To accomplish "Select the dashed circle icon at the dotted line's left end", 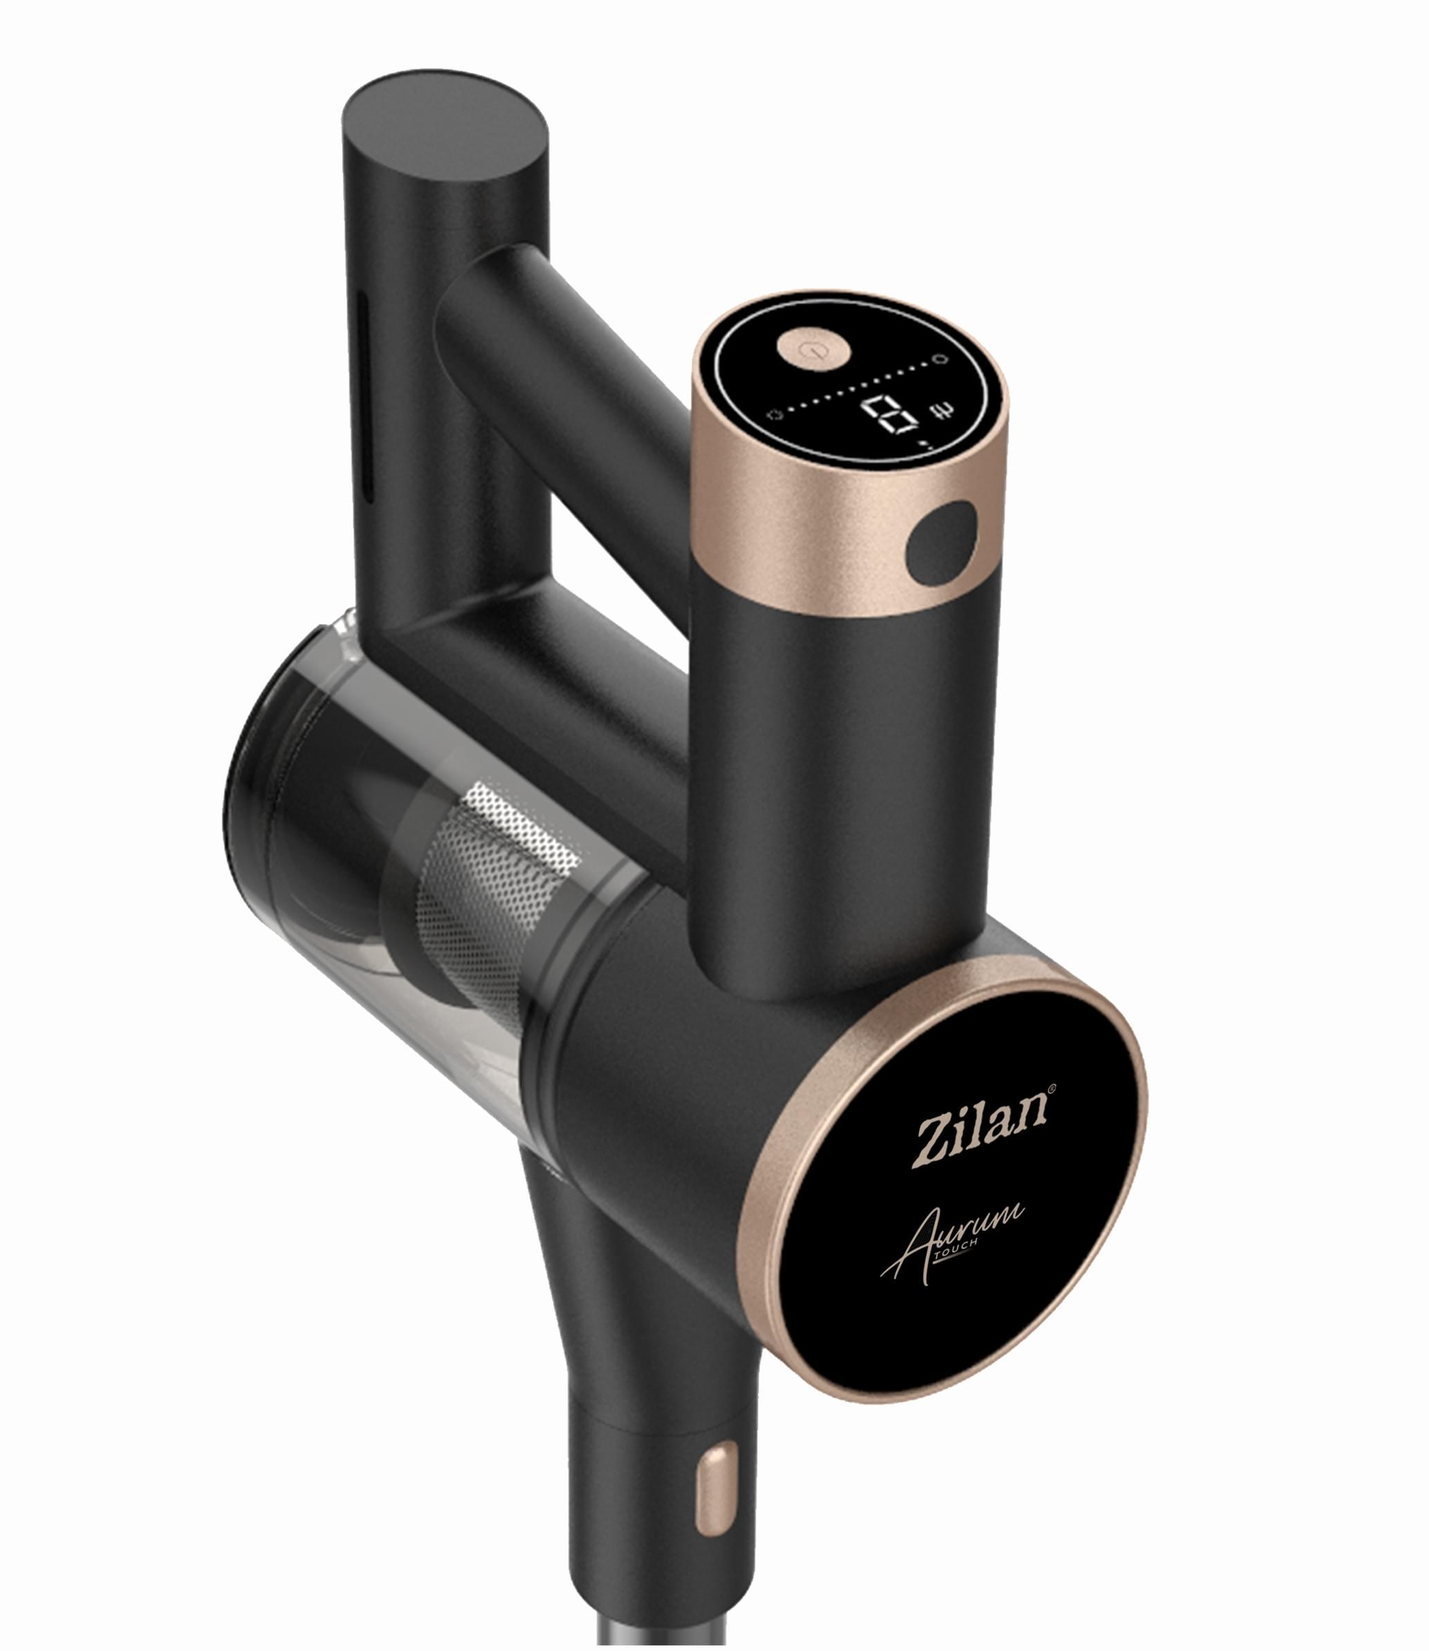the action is tap(772, 414).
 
